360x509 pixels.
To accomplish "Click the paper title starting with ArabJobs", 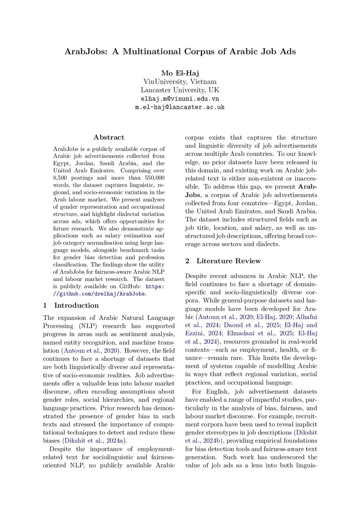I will click(180, 52).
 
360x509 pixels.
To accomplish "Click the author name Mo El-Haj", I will click(180, 73).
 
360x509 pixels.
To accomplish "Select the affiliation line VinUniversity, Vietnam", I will click(180, 82).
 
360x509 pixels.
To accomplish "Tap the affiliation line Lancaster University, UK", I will click(180, 90).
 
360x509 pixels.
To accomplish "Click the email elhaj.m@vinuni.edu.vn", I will click(180, 99).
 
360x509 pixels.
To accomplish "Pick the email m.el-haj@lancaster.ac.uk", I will click(180, 107).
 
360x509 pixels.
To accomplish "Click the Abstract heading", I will click(109, 137).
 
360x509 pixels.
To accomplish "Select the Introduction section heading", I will click(76, 305).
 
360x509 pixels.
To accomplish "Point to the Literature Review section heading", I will click(229, 261).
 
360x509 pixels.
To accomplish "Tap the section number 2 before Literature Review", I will click(187, 261).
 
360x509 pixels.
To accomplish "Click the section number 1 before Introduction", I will click(45, 305).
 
